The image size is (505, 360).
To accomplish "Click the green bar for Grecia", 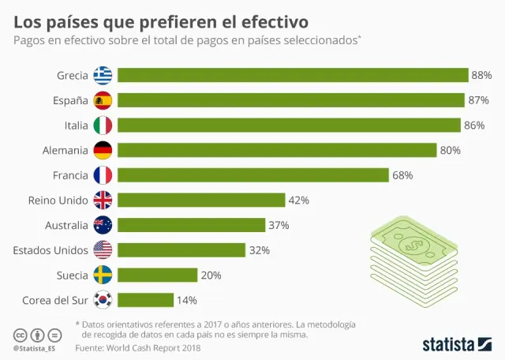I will [293, 75].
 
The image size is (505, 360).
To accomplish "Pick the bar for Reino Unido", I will [201, 200].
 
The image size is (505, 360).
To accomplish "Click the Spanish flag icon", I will [103, 100].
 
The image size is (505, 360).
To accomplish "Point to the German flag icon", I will [103, 150].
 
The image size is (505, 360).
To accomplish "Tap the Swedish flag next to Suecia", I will [103, 275].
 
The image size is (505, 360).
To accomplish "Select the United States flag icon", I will [103, 250].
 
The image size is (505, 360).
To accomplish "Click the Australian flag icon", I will [103, 225].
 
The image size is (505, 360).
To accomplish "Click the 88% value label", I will [481, 75].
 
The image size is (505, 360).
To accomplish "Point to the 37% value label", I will [279, 225].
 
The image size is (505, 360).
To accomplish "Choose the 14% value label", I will [187, 300].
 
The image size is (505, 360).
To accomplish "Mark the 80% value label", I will [450, 150].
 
